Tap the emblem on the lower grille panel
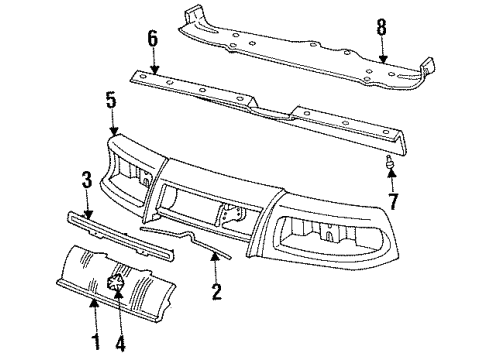(116, 281)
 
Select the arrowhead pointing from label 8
(382, 62)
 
